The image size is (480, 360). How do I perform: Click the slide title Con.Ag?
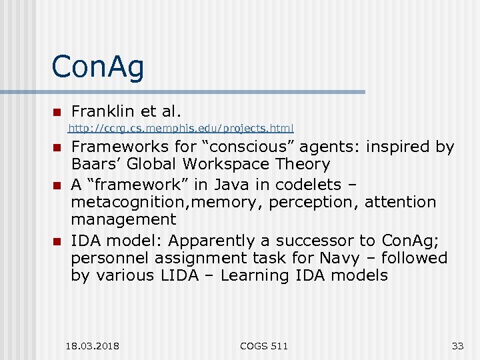click(98, 68)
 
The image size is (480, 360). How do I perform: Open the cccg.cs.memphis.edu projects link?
click(181, 128)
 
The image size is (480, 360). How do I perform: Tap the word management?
click(124, 219)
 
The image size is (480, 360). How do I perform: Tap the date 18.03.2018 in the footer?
click(93, 345)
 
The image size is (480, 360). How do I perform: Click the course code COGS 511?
click(265, 345)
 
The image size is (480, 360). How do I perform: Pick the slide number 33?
click(457, 345)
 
